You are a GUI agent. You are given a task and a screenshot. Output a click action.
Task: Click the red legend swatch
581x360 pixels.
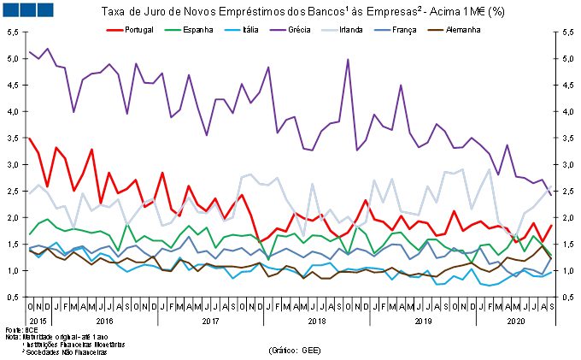click(x=114, y=30)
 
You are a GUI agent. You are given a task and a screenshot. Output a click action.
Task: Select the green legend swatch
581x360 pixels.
click(x=173, y=30)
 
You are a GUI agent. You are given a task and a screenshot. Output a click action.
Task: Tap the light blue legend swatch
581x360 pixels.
click(x=232, y=30)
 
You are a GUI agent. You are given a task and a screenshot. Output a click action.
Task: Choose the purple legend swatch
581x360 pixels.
click(x=278, y=30)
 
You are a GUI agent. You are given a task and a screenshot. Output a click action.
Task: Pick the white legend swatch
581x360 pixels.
click(x=329, y=30)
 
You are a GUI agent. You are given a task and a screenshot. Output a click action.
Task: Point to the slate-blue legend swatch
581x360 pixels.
click(x=382, y=30)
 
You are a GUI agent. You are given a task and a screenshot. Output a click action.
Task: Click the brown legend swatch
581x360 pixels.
click(x=436, y=30)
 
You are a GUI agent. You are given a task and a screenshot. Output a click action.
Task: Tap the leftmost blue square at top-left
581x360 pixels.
click(x=10, y=9)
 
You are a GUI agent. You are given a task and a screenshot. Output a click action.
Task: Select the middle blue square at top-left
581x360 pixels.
click(x=27, y=9)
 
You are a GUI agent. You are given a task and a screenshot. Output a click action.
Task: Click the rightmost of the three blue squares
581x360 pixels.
click(x=44, y=9)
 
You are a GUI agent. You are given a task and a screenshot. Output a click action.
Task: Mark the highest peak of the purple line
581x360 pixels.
click(x=348, y=59)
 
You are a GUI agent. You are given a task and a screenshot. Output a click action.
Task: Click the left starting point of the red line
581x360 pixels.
click(x=29, y=138)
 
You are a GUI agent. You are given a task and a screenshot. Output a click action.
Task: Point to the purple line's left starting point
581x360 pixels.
click(x=29, y=51)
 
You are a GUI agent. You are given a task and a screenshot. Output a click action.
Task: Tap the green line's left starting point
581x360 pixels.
click(x=29, y=233)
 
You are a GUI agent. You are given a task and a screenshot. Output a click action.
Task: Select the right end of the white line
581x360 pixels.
click(x=551, y=186)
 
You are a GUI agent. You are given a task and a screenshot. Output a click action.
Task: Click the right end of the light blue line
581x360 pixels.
click(x=551, y=272)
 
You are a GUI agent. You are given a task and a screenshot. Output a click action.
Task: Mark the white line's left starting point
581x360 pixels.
click(x=29, y=194)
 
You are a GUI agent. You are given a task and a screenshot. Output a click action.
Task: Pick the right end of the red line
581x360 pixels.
click(x=551, y=225)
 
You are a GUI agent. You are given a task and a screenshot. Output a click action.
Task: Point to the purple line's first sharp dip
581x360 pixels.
click(x=73, y=111)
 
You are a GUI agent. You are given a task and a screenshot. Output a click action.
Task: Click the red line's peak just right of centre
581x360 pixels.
click(x=366, y=201)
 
